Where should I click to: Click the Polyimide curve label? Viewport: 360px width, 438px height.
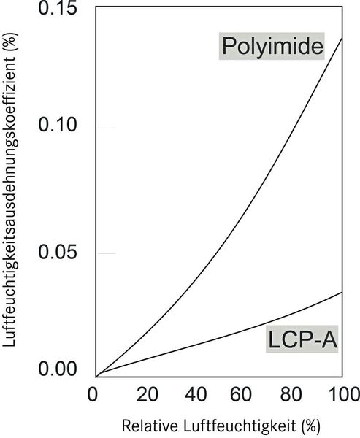pyautogui.click(x=272, y=48)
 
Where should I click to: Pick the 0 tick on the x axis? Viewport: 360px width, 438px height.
pyautogui.click(x=92, y=395)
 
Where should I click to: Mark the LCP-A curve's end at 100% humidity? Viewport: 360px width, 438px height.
pyautogui.click(x=342, y=292)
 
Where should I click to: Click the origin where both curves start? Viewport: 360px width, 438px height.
pyautogui.click(x=97, y=375)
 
